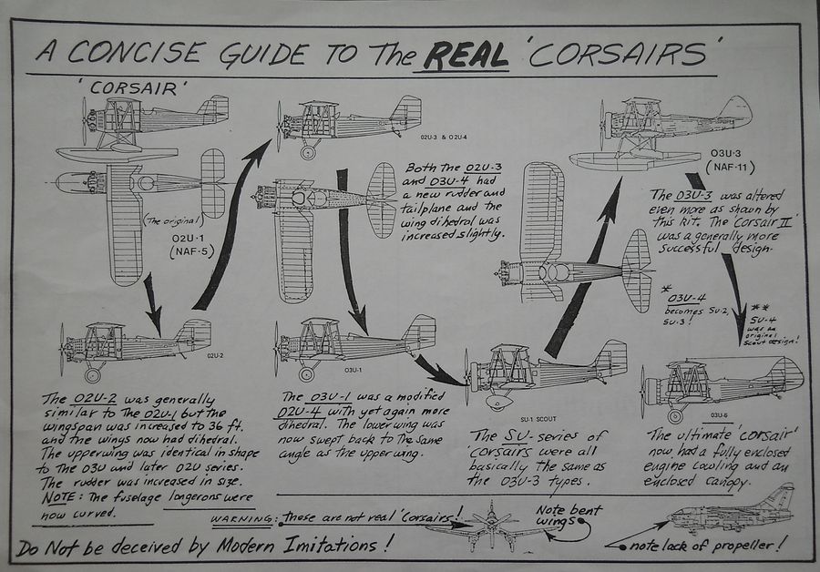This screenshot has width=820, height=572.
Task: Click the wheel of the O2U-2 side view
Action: pyautogui.click(x=92, y=374)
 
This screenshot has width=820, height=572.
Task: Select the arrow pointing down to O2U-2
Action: pyautogui.click(x=152, y=304)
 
